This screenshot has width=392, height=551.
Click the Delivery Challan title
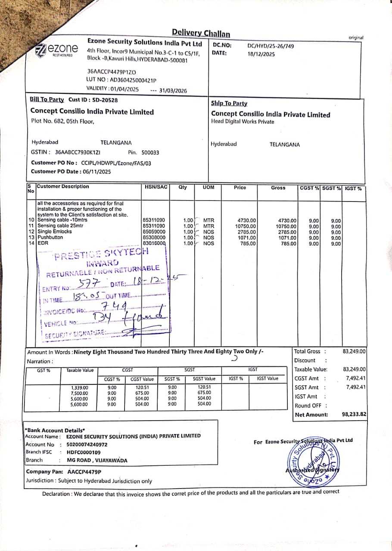201,33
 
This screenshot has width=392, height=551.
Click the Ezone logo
57,50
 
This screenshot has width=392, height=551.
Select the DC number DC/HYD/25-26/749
271,46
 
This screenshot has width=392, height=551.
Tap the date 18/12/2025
261,54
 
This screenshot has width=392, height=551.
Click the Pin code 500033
150,152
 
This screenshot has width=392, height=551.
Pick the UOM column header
208,187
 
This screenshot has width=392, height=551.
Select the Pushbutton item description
50,237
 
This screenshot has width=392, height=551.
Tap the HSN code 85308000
153,237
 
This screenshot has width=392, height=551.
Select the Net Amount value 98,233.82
354,414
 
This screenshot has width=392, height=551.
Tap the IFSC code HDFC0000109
84,452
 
